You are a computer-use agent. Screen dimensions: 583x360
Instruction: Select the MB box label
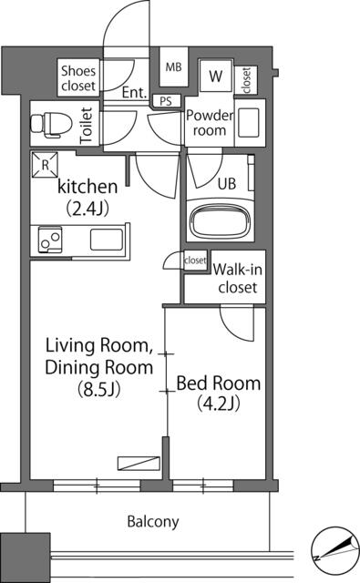click(172, 66)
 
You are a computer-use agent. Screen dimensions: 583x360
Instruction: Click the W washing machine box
click(219, 77)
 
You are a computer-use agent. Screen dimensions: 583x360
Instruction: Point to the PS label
click(165, 101)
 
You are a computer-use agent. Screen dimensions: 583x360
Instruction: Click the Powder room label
click(210, 123)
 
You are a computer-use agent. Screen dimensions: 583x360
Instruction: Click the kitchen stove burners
click(49, 241)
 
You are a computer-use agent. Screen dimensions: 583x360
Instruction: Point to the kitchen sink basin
click(106, 241)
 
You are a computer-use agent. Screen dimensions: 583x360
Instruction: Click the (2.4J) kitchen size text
click(87, 207)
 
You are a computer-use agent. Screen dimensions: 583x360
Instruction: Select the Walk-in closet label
click(237, 278)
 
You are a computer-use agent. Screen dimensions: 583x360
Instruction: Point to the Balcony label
click(152, 522)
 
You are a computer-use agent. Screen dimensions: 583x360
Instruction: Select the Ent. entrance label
click(135, 92)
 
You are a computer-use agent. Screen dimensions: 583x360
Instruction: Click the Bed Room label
click(219, 383)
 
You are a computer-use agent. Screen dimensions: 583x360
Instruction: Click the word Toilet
click(87, 125)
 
